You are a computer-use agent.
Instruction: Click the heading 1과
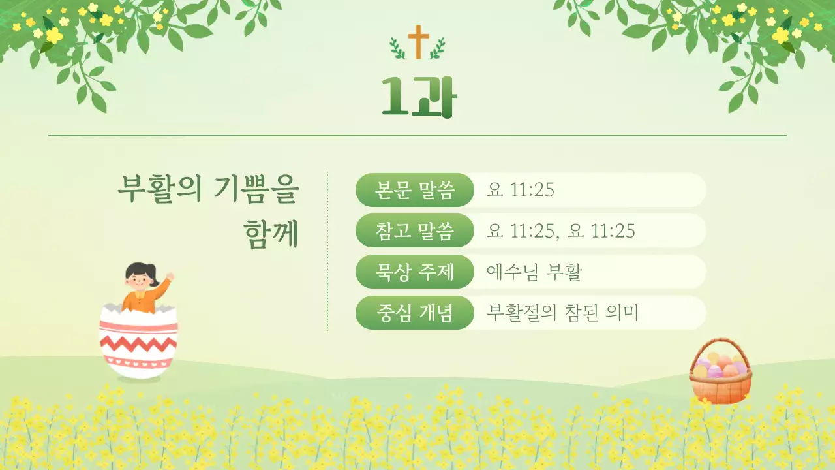point(419,97)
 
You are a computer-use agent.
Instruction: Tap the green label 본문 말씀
point(414,190)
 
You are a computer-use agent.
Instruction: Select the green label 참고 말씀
point(414,230)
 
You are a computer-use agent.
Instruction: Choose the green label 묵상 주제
point(414,272)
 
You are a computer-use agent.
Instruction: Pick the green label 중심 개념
point(414,313)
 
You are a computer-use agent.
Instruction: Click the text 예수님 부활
point(534,272)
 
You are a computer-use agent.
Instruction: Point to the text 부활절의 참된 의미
point(562,313)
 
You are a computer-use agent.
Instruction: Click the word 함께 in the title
point(271,233)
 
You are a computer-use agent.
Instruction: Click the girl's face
point(138,281)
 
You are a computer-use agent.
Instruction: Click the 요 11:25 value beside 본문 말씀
point(520,190)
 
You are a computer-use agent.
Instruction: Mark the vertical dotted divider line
point(327,251)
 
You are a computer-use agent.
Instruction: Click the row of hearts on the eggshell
point(138,360)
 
